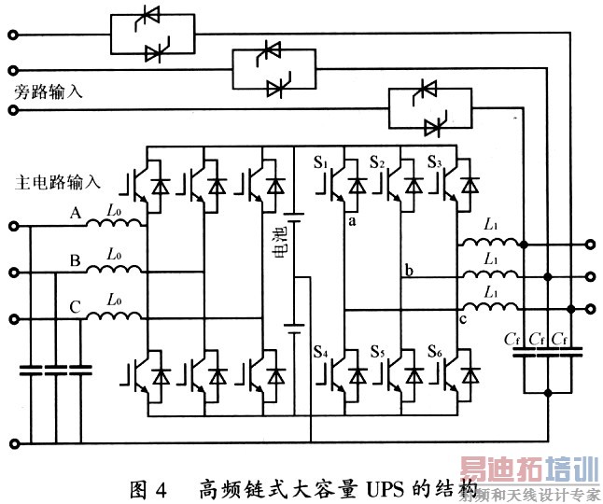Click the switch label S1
(322, 164)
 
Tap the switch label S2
(377, 164)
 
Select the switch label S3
(434, 164)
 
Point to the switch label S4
(322, 352)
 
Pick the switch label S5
(377, 352)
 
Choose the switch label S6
(434, 352)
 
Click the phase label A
(77, 214)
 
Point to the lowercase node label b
(408, 271)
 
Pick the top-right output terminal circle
(591, 246)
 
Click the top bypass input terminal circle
(13, 35)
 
